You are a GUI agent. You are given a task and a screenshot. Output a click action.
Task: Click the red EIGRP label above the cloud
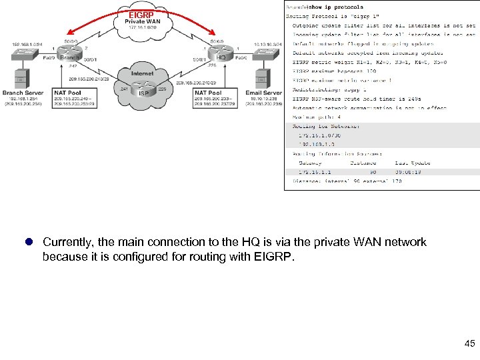(x=141, y=14)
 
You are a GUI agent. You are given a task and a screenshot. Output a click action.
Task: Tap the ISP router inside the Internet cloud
(x=143, y=87)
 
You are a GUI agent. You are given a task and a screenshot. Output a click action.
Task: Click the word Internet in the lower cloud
(x=142, y=73)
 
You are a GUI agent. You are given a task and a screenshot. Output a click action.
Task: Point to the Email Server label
(x=263, y=93)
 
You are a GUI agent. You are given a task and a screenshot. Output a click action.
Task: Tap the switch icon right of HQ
(x=262, y=51)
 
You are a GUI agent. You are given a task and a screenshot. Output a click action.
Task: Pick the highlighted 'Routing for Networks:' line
(x=326, y=126)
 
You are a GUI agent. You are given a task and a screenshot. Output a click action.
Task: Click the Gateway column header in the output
(x=310, y=163)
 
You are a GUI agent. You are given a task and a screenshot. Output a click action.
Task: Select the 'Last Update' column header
(x=413, y=163)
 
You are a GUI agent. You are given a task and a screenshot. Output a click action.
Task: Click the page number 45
(x=469, y=343)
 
